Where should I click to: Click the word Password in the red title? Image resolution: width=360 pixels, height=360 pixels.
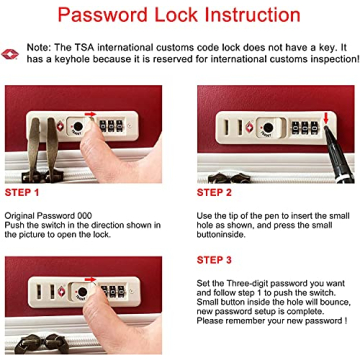point(103,15)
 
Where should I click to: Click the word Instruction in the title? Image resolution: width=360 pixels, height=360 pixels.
point(252,15)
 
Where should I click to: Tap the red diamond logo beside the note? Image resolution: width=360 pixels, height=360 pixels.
point(10,54)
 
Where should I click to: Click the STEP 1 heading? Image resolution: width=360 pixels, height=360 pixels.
point(22,193)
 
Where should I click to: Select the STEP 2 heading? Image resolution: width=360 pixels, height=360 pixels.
point(214,193)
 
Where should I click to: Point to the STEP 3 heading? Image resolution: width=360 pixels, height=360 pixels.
point(214,260)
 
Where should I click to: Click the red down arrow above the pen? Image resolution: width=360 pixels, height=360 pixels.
point(326,118)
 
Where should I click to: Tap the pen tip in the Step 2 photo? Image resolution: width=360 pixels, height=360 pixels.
point(326,127)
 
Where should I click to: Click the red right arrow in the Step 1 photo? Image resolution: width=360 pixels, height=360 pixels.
point(90,114)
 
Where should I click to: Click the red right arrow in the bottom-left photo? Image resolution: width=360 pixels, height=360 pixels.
point(90,279)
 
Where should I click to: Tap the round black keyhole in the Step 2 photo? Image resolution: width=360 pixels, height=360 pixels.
point(267,128)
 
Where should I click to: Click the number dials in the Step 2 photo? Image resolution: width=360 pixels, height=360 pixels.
point(305,128)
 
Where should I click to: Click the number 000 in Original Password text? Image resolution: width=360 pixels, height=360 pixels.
point(84,215)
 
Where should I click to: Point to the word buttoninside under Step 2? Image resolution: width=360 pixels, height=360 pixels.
point(220,234)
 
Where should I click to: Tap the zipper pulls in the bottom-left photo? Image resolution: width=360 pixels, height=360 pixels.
point(42,343)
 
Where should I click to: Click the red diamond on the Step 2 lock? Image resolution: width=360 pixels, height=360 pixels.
point(250,128)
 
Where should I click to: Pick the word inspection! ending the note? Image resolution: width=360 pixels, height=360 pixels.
point(337,60)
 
